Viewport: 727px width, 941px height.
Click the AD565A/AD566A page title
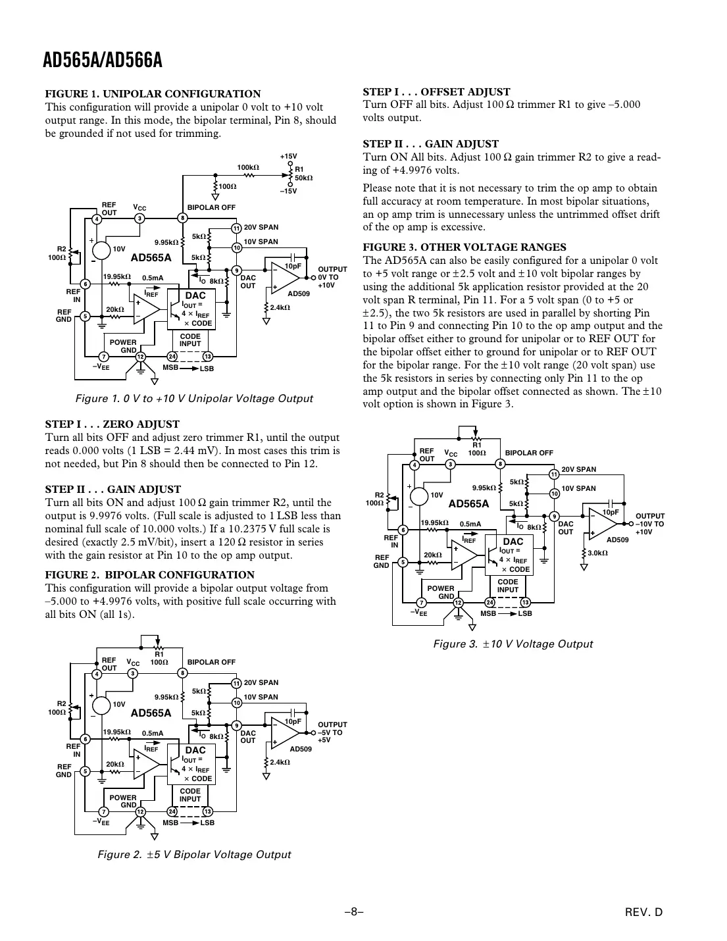coord(103,61)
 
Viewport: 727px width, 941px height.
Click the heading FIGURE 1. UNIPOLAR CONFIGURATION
coord(153,94)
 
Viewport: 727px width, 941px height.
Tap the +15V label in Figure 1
coord(288,157)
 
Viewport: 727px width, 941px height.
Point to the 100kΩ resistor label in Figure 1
coord(247,168)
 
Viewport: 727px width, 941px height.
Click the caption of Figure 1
coord(194,399)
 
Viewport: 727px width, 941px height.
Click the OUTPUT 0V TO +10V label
coord(332,277)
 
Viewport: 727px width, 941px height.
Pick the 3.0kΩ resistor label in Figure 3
coord(597,553)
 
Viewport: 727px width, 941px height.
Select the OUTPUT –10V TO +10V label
coord(650,524)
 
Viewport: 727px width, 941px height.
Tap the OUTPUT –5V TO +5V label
coord(332,732)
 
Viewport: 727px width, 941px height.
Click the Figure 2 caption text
coord(194,854)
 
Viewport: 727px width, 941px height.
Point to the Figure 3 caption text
coord(513,644)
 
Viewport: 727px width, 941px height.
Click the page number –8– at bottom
coord(354,912)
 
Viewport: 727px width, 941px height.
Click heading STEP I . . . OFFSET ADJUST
coord(436,92)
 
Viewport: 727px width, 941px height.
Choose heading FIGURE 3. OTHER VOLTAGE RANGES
coord(464,247)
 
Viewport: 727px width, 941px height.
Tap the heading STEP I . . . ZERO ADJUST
coord(112,424)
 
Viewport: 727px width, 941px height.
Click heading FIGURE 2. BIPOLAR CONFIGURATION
coord(149,574)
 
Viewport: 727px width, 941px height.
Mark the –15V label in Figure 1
coord(288,191)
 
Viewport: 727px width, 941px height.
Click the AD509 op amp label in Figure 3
coord(617,540)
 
